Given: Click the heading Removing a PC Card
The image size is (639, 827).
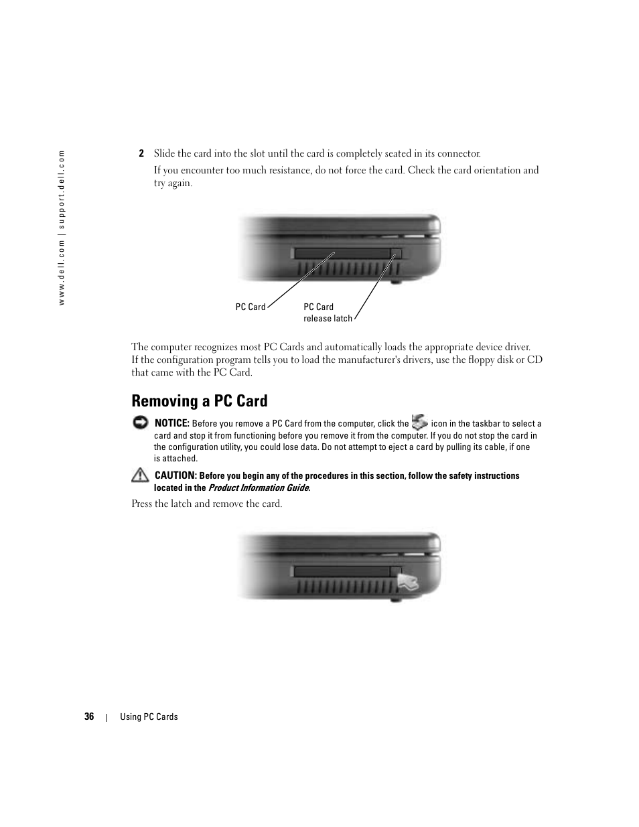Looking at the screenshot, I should pyautogui.click(x=200, y=401).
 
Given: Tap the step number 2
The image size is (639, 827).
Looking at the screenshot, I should pyautogui.click(x=141, y=153).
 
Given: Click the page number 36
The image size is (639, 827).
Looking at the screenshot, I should pyautogui.click(x=89, y=717).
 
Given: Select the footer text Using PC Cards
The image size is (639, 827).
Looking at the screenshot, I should pyautogui.click(x=149, y=717).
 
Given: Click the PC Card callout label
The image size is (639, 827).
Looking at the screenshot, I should pyautogui.click(x=251, y=307).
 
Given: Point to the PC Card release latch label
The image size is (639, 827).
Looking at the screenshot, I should pyautogui.click(x=328, y=313).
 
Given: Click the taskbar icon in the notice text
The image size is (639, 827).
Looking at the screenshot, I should pyautogui.click(x=420, y=422).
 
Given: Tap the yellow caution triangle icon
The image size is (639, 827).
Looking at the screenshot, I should pyautogui.click(x=140, y=475).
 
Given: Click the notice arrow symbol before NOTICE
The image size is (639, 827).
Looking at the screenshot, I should pyautogui.click(x=140, y=423).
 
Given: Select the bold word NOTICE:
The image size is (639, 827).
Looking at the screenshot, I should pyautogui.click(x=172, y=423).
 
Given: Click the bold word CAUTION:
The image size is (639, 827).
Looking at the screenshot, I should pyautogui.click(x=175, y=475).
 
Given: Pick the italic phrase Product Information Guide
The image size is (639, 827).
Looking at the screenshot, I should pyautogui.click(x=259, y=487).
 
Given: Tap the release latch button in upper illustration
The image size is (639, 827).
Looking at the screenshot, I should pyautogui.click(x=395, y=253).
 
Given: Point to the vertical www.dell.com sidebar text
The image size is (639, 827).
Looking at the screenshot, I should pyautogui.click(x=62, y=228).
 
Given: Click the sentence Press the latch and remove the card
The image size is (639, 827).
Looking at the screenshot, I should pyautogui.click(x=206, y=504).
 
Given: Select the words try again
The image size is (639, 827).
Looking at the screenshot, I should pyautogui.click(x=173, y=183).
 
